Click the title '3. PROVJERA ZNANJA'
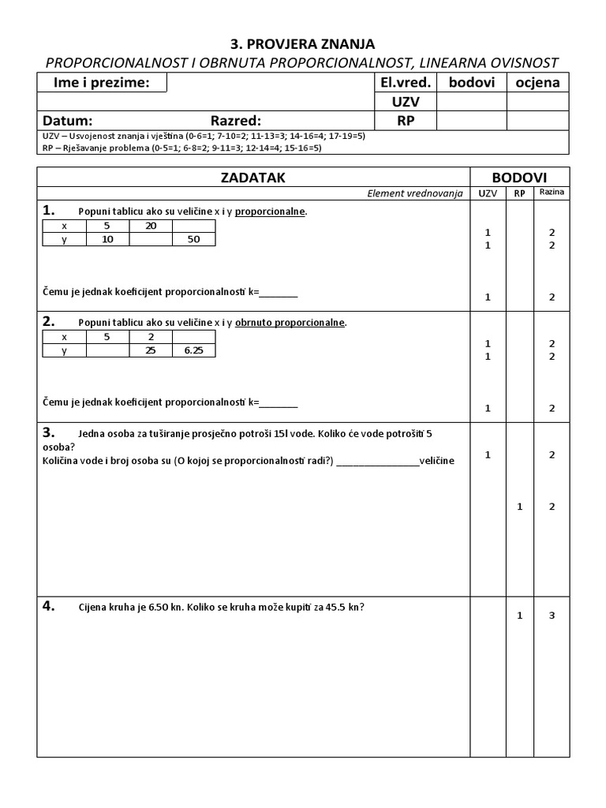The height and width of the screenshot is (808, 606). (x=303, y=43)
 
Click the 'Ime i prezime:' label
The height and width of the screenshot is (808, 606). (x=100, y=83)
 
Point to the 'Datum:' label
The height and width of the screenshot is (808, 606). (x=68, y=121)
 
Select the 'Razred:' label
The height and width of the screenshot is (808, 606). (x=235, y=121)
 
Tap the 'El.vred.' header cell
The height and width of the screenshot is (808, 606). (x=406, y=83)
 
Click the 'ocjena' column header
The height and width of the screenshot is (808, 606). (x=537, y=83)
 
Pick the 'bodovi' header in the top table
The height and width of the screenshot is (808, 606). (x=471, y=83)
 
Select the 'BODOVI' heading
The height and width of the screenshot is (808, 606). (x=519, y=178)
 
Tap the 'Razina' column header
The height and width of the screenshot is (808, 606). (x=552, y=193)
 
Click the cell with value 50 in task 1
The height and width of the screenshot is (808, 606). (x=193, y=239)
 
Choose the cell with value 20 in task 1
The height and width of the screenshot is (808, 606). (x=151, y=226)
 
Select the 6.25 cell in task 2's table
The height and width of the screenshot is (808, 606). (x=193, y=350)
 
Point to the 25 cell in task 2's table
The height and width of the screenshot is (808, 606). (x=151, y=350)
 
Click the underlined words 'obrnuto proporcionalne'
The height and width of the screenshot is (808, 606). (x=290, y=323)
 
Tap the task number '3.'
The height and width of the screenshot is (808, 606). (x=49, y=432)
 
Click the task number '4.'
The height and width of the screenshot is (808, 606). (x=49, y=606)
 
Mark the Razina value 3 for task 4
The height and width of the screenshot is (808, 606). (x=552, y=615)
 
